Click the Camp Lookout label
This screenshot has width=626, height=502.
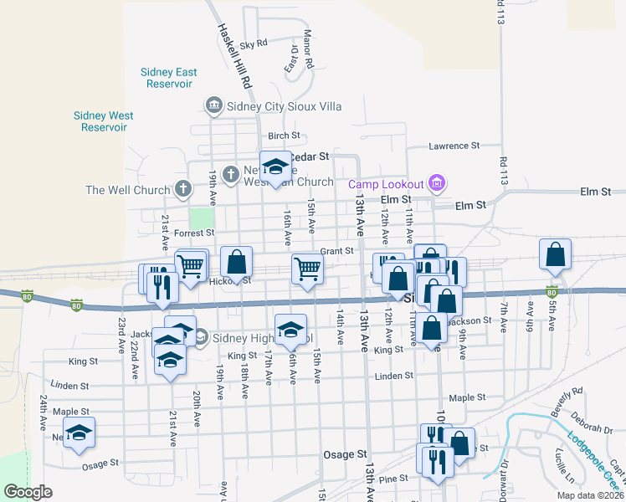[387, 183]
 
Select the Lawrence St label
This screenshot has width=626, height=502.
[454, 146]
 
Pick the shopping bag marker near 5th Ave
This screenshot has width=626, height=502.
[556, 255]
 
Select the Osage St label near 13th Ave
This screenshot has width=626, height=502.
[346, 454]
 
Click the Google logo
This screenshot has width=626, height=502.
[28, 492]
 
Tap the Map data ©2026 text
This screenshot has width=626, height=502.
[589, 495]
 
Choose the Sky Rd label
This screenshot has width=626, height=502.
[253, 44]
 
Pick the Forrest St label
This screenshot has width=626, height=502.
[195, 233]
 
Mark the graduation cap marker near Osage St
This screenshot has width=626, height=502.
[80, 433]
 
